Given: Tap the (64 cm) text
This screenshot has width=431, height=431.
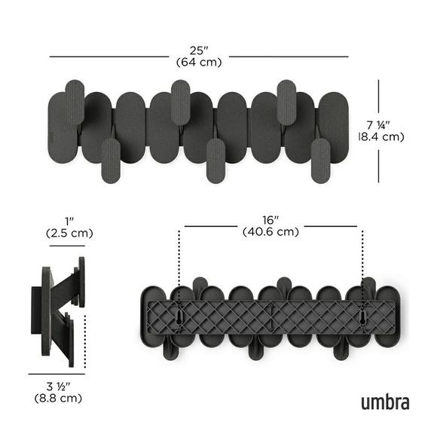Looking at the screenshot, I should tap(198, 62).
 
